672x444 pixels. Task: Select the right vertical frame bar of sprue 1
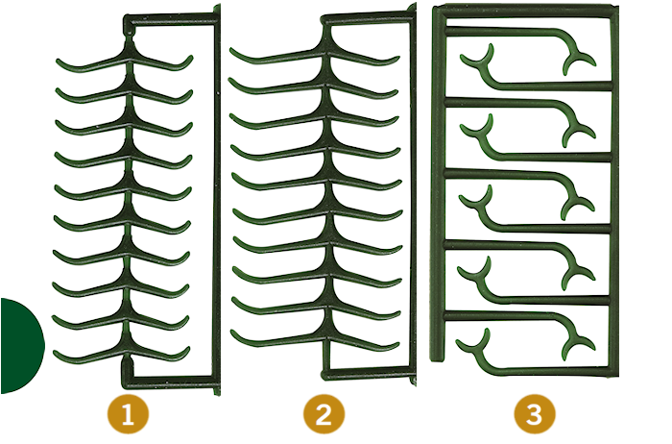(215, 192)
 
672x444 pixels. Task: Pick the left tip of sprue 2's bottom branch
(234, 334)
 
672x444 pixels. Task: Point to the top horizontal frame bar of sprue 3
(523, 11)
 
